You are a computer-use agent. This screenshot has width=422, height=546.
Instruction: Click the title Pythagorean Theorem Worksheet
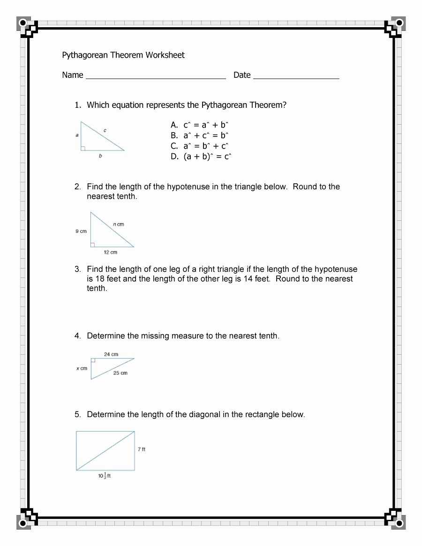click(x=123, y=55)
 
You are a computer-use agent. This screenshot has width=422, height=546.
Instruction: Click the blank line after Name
click(x=155, y=78)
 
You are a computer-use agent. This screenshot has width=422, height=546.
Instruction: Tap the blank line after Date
click(x=296, y=78)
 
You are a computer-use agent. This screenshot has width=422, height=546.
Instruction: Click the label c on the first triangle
click(x=105, y=130)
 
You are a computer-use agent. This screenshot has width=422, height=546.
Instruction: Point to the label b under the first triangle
click(x=100, y=157)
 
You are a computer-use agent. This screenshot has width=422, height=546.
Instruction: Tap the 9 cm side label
click(x=81, y=232)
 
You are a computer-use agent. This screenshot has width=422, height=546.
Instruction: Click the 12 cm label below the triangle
click(x=110, y=253)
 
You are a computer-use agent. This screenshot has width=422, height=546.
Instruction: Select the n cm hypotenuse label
click(x=118, y=224)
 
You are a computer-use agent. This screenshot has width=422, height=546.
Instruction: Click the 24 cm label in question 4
click(x=111, y=354)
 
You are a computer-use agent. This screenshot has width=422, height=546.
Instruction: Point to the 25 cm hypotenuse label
click(x=120, y=373)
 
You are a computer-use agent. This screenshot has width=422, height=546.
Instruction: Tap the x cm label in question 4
click(x=82, y=368)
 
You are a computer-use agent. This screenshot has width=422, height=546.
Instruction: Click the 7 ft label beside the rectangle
click(x=142, y=449)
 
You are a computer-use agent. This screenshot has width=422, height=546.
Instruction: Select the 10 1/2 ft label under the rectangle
click(x=104, y=476)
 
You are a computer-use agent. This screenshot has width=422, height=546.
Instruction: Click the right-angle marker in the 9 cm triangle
click(x=93, y=245)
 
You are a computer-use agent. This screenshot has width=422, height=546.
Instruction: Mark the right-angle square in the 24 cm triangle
click(x=93, y=361)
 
